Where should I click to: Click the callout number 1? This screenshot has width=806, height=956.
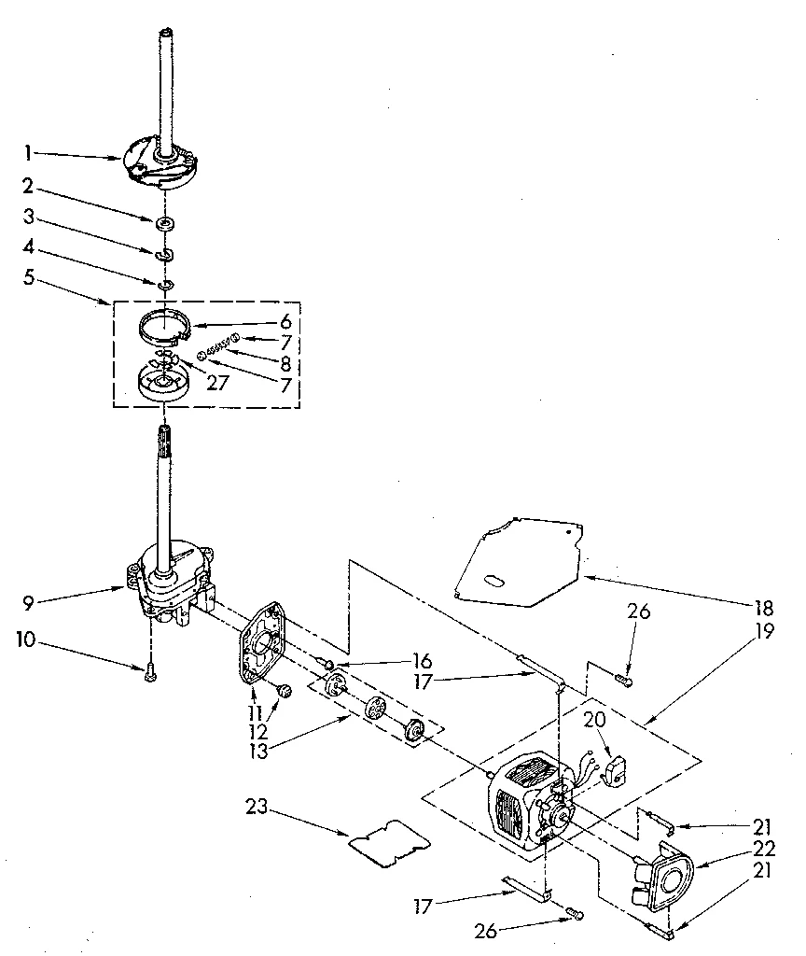(x=30, y=151)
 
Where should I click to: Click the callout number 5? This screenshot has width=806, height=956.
(x=30, y=277)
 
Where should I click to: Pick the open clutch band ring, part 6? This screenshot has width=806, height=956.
(x=162, y=326)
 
